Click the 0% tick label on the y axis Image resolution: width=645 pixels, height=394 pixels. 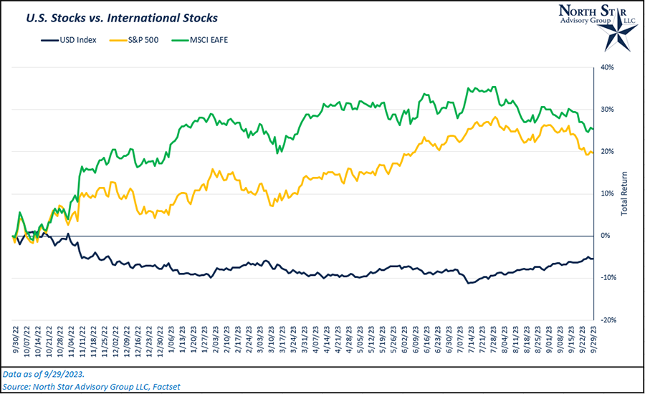(x=606, y=236)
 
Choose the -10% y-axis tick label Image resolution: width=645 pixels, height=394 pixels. (x=608, y=278)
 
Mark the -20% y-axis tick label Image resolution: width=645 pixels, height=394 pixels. (x=608, y=319)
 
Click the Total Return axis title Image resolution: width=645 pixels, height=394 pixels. (x=624, y=194)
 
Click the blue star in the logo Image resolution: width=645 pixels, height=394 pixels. (x=615, y=28)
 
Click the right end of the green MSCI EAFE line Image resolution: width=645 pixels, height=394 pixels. (x=592, y=129)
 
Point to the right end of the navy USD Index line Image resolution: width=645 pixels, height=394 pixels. (x=592, y=258)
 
